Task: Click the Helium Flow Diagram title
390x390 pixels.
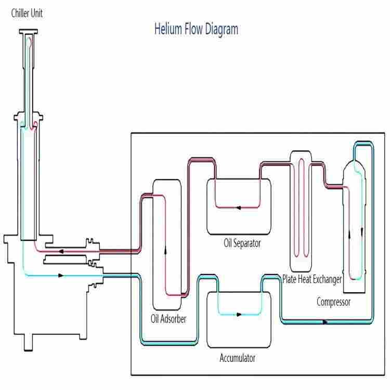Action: pos(196,29)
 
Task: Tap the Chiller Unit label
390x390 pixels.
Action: pos(27,14)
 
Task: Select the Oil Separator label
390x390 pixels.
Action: pos(242,243)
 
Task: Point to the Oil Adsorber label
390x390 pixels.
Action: pos(168,318)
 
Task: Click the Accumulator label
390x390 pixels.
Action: pos(237,358)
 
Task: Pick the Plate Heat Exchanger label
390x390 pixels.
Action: pos(312,279)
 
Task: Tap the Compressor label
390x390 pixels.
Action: pos(333,302)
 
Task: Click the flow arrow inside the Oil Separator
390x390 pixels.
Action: pos(238,208)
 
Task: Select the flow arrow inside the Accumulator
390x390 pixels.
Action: pos(239,314)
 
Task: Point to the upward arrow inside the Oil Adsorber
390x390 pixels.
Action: pos(166,249)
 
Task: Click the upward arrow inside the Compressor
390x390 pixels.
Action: pos(349,233)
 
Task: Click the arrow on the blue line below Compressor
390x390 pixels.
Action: pos(326,322)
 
